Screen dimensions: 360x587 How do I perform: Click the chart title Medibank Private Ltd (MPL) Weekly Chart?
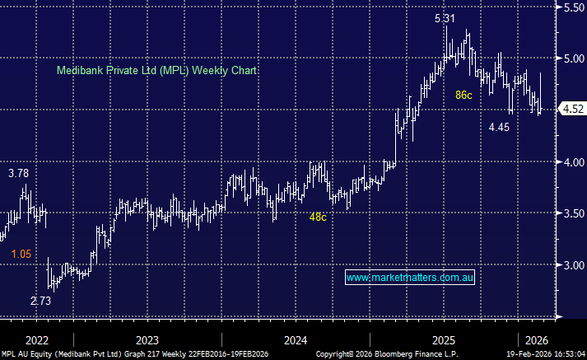pos(156,71)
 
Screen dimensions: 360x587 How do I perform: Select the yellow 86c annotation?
pos(464,96)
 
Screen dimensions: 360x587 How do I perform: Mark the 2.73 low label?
pos(41,302)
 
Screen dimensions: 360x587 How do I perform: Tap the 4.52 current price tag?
pos(571,109)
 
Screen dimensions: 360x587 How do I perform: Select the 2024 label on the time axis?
pos(295,339)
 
